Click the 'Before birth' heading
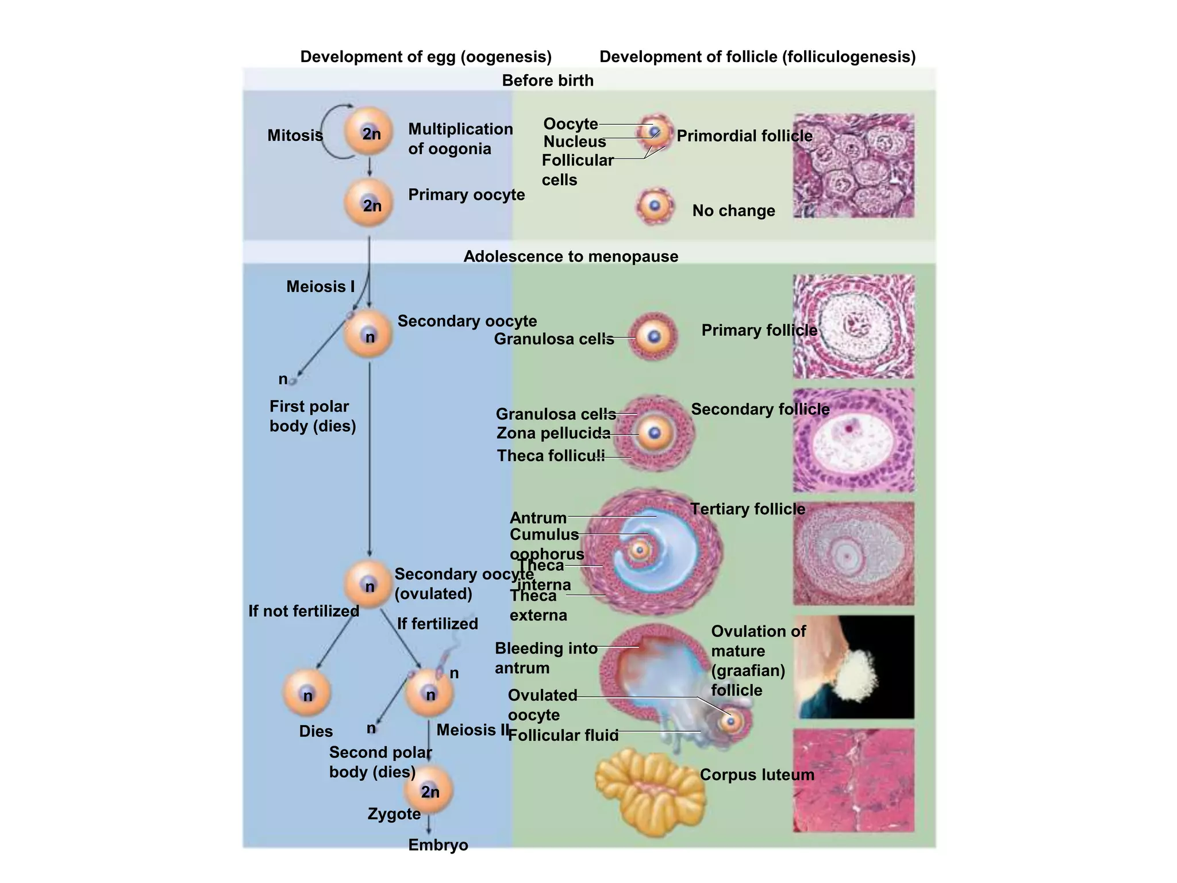[x=547, y=80]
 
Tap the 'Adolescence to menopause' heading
[x=570, y=256]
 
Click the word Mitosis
[x=295, y=136]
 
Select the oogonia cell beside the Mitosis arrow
[x=368, y=132]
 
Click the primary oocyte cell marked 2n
[x=368, y=203]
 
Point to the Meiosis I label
[x=320, y=286]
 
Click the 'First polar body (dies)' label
[x=312, y=416]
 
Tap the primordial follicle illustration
[x=655, y=132]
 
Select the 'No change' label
[x=733, y=211]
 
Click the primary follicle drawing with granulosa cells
[x=653, y=337]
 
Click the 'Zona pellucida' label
[x=553, y=433]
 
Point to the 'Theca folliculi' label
[x=551, y=456]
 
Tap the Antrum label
[x=538, y=517]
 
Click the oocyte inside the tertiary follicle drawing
[x=639, y=550]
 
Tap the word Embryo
[x=438, y=845]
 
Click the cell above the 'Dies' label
[x=307, y=693]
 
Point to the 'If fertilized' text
[x=437, y=624]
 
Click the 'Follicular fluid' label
[x=563, y=735]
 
